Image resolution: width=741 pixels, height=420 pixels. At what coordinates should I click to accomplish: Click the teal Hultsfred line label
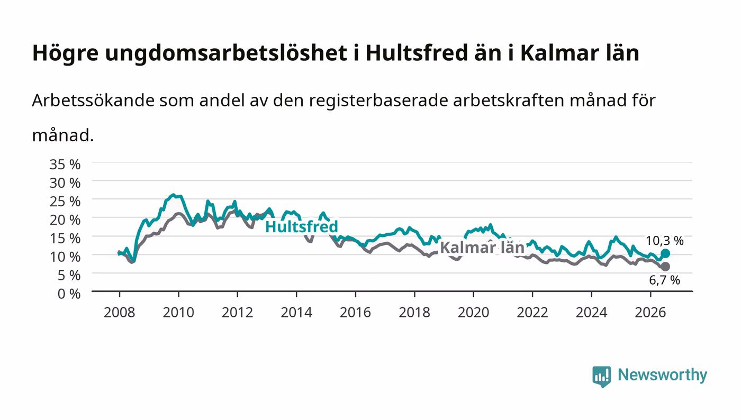point(301,227)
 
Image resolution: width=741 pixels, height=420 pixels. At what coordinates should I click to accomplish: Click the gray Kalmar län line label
point(482,248)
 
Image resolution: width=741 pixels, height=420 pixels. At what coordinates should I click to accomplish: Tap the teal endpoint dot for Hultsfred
point(665,254)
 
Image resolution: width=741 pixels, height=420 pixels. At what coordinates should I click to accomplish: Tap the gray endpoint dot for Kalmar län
point(665,267)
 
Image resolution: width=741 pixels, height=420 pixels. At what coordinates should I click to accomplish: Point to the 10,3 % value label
point(665,241)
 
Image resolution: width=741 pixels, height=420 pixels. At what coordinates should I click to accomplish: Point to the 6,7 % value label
point(665,280)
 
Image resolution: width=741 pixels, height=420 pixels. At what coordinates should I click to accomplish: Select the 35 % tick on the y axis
point(65,165)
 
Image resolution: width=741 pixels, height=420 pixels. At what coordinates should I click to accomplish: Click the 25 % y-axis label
point(65,202)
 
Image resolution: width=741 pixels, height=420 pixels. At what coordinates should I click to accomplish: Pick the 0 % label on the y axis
point(69,294)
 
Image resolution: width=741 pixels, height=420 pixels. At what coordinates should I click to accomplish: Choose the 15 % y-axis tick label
point(65,239)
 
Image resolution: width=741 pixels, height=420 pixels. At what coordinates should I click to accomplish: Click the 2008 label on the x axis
point(120,313)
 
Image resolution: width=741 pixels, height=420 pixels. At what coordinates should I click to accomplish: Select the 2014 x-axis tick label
point(296,313)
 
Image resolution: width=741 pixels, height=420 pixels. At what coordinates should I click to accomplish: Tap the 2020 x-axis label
point(473,313)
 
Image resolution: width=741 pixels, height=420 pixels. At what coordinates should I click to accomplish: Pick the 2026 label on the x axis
point(650,313)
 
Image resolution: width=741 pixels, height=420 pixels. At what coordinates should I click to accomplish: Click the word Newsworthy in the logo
point(663,375)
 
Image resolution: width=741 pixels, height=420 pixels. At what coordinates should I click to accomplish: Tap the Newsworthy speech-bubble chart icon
point(602,377)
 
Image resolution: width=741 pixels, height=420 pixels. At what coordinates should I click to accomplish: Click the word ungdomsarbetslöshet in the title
point(226,53)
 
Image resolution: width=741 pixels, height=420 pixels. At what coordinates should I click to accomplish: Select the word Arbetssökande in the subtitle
point(93,101)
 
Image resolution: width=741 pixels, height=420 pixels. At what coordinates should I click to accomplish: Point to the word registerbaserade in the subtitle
point(378,101)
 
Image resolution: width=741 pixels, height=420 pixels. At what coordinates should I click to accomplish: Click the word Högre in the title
point(65,53)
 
